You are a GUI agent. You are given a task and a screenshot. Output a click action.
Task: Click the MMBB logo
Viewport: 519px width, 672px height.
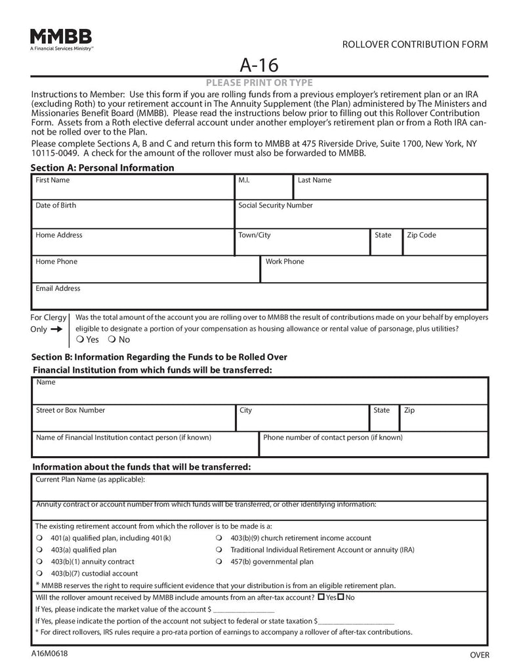(61, 38)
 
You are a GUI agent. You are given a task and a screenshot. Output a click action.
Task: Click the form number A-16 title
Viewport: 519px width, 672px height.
(259, 65)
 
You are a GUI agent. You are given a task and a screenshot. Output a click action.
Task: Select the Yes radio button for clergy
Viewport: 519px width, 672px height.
(79, 340)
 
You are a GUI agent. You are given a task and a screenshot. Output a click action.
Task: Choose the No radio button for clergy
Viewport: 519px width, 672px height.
(112, 340)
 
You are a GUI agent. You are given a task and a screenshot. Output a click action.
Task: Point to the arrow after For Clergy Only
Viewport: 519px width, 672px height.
(56, 329)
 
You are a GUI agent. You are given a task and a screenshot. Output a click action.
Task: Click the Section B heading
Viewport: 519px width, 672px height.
(159, 357)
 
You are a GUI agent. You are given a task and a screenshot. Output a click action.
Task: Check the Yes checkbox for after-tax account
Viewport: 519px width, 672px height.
(321, 597)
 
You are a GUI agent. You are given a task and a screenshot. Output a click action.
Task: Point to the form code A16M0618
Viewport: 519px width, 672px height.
(49, 653)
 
